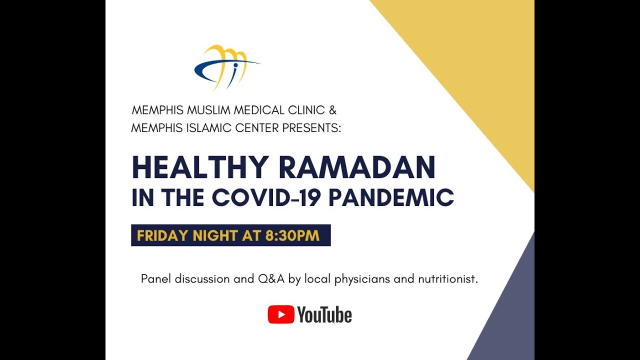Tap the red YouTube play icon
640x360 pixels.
click(280, 315)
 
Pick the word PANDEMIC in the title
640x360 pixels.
click(391, 197)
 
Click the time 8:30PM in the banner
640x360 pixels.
click(292, 235)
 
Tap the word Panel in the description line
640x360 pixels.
click(156, 279)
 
